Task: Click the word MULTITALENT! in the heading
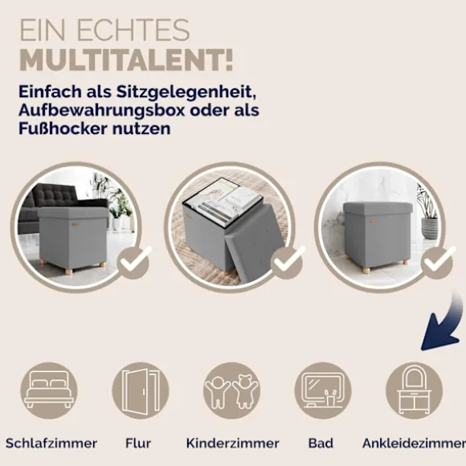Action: [x=126, y=61]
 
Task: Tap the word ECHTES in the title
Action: [x=133, y=30]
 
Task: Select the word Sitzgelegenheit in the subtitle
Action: [x=186, y=92]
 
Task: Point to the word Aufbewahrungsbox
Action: [x=102, y=110]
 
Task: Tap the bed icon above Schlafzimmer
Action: [x=49, y=390]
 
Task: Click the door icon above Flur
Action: [x=141, y=390]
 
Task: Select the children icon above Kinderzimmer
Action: [x=232, y=390]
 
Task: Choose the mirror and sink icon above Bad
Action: [x=323, y=390]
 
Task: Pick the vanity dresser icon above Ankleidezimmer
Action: [x=414, y=390]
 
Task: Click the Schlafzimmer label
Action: [x=51, y=444]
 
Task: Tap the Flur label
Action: [x=138, y=444]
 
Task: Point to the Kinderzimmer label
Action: [x=233, y=444]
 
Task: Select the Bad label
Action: [x=321, y=444]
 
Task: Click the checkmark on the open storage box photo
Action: [x=288, y=262]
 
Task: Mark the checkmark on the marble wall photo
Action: [x=438, y=262]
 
